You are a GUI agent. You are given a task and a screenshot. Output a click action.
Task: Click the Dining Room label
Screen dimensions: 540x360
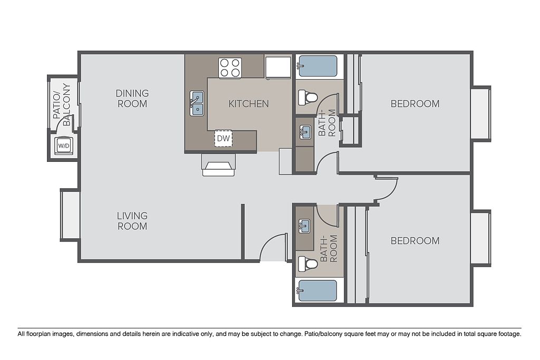pos(132,99)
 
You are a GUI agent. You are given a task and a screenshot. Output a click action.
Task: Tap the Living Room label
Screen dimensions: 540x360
pos(132,221)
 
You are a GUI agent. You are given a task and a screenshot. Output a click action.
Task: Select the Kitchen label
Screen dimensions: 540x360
pos(249,104)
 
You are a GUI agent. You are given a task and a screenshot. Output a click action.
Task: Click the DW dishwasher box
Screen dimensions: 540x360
pos(223,138)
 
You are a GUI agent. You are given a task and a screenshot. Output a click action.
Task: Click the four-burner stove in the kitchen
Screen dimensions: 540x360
pos(230,67)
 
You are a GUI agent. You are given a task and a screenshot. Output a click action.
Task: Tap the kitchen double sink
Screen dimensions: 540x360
pos(197,103)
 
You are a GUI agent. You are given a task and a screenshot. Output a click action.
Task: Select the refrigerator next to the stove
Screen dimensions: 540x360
pos(278,68)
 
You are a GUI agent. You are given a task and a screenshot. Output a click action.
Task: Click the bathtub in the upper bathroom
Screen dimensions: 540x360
pos(317,66)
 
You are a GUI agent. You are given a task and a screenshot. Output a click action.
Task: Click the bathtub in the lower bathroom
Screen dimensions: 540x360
pos(317,291)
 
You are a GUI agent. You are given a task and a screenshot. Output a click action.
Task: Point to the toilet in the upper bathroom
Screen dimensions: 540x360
pos(307,98)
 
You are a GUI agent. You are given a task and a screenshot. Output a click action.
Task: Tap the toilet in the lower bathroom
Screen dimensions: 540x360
pos(307,264)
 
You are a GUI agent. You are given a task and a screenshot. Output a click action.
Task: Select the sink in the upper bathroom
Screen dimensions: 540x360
pos(305,132)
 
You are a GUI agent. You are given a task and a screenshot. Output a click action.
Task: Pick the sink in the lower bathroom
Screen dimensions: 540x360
pos(304,227)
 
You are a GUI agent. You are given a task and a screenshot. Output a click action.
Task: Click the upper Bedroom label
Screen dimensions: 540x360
pos(415,104)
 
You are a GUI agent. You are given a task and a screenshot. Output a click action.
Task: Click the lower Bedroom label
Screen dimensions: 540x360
pos(415,240)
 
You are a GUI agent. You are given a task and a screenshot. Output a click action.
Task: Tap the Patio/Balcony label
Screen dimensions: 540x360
pos(62,105)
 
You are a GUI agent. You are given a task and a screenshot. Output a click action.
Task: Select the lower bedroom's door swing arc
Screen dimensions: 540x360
pos(391,192)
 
